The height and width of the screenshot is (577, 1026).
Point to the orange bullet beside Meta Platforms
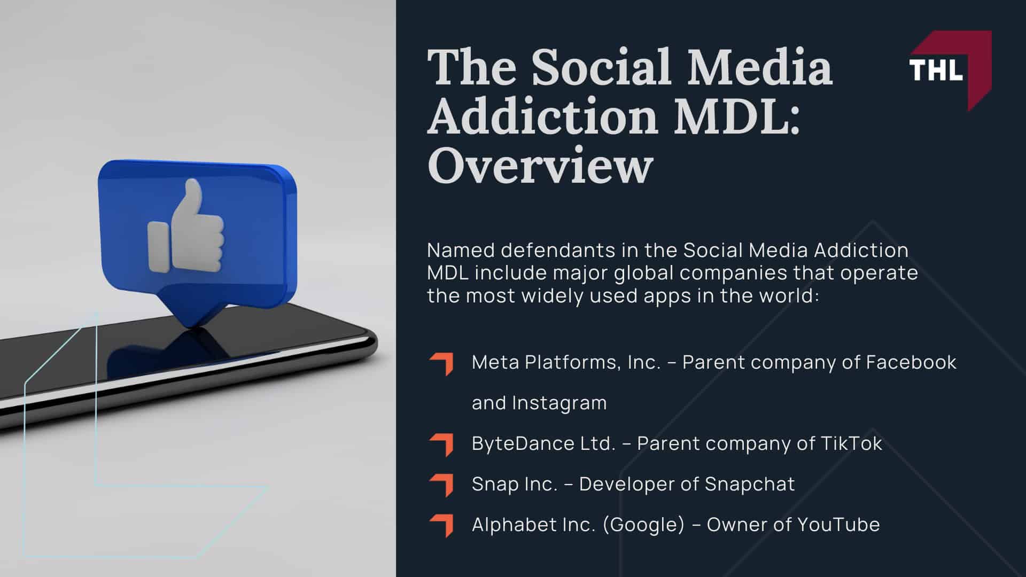pos(442,364)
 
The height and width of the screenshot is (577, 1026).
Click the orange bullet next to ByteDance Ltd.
pos(442,445)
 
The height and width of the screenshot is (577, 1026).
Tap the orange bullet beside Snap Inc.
pos(442,485)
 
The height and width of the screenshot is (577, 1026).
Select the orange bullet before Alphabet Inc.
pos(442,526)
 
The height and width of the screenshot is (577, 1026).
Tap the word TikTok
pos(851,443)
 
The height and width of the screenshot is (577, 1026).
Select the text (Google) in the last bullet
pos(643,525)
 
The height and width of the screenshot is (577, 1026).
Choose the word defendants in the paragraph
pos(552,250)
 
